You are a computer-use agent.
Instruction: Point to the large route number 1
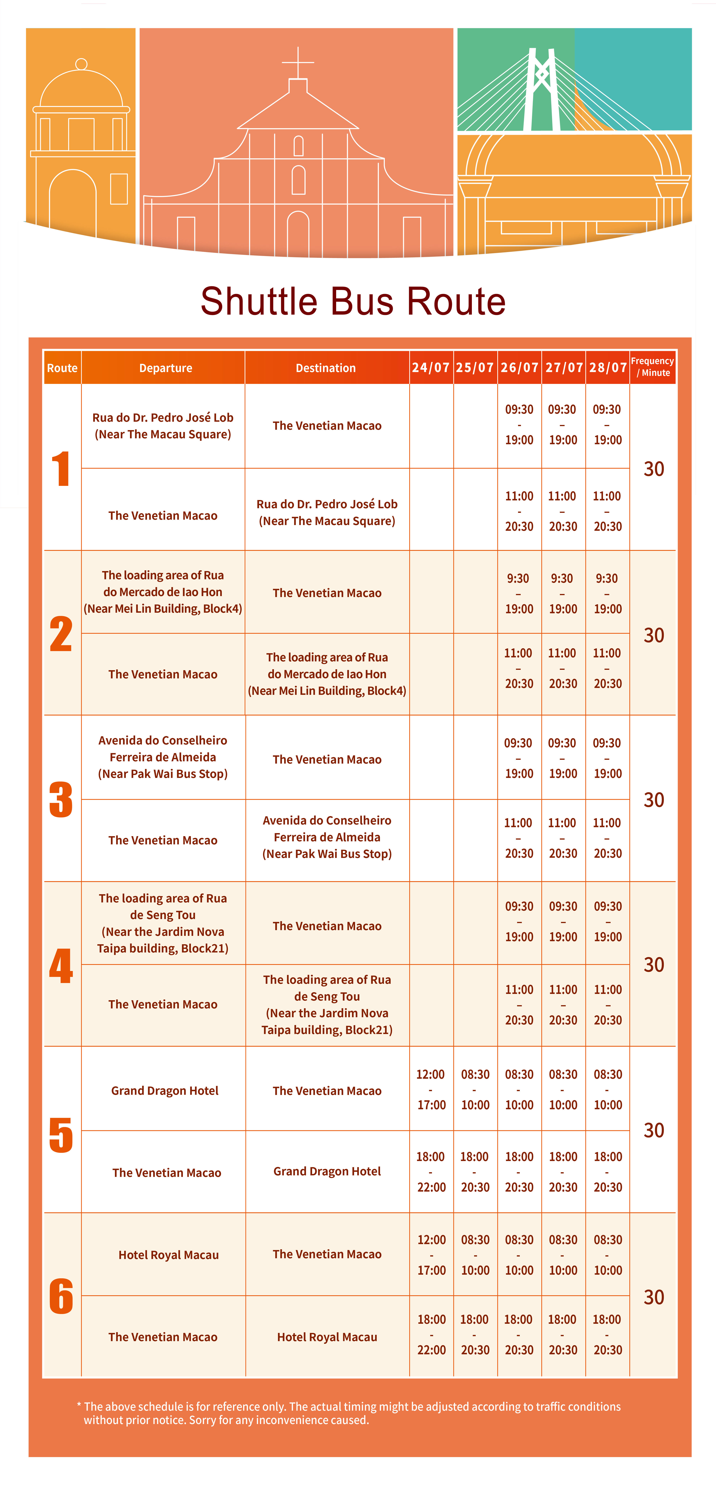61,468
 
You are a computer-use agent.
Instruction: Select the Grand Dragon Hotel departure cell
165,1091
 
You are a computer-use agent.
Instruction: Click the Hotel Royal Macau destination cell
327,1337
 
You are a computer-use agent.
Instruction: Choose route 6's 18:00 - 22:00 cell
431,1334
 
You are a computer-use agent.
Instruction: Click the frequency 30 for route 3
654,800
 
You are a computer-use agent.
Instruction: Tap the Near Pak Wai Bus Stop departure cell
163,757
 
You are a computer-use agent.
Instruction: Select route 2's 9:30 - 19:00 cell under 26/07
518,593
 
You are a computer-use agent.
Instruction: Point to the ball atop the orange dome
82,64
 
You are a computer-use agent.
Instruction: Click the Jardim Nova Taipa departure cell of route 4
163,923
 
